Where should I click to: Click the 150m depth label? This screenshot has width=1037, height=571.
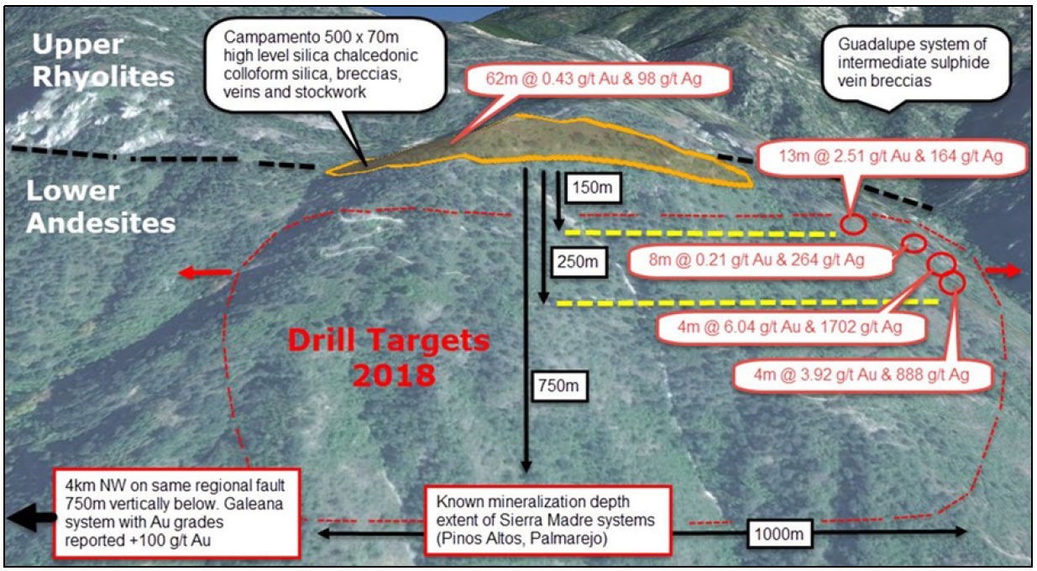coord(592,187)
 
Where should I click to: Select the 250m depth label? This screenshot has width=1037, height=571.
coord(578,262)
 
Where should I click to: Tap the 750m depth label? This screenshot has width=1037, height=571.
coord(558,385)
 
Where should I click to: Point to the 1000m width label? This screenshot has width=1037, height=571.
coord(778,534)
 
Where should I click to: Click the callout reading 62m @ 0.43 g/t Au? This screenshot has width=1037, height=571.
coord(594,79)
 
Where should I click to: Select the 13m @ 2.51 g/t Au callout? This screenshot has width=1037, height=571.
coord(890,156)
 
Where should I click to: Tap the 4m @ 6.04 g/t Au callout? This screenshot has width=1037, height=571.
coord(790,327)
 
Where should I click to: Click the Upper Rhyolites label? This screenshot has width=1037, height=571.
coord(102,60)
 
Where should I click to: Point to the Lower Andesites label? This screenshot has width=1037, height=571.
coord(101,207)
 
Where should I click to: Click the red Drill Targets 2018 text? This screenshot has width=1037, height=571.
coord(389,358)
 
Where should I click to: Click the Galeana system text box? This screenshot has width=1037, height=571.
coord(176,513)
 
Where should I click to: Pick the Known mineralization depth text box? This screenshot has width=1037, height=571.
coord(547,520)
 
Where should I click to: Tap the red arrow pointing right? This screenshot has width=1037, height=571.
coord(1003,271)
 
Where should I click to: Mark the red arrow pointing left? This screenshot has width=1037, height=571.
coord(205,273)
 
